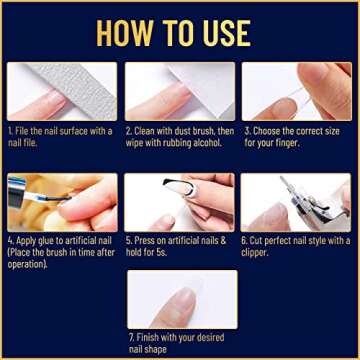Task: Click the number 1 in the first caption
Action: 9,130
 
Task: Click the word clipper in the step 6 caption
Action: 256,253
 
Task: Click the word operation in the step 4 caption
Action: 25,264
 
